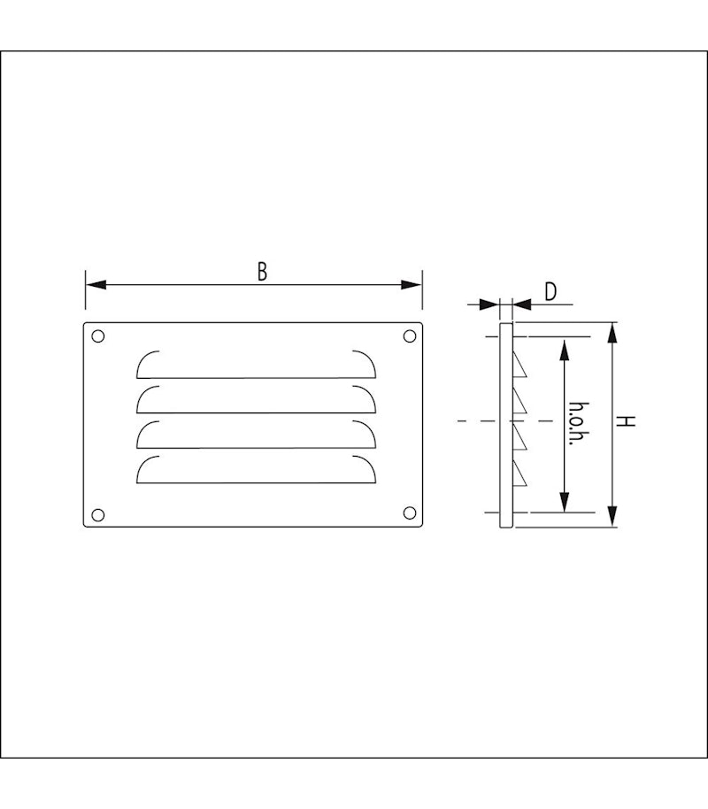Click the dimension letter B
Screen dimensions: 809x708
coord(262,272)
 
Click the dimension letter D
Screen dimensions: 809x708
coord(550,291)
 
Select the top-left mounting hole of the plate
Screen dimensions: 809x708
coord(98,336)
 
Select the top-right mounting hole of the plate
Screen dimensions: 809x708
coord(410,336)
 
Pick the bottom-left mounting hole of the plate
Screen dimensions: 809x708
coord(98,514)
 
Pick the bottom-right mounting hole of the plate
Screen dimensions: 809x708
coord(410,513)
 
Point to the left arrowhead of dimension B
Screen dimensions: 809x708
coord(96,285)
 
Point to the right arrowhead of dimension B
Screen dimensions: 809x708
coord(412,285)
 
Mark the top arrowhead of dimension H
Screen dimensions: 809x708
coord(613,334)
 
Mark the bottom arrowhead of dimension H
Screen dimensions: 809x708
coord(613,518)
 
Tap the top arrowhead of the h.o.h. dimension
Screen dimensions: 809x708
coord(564,346)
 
